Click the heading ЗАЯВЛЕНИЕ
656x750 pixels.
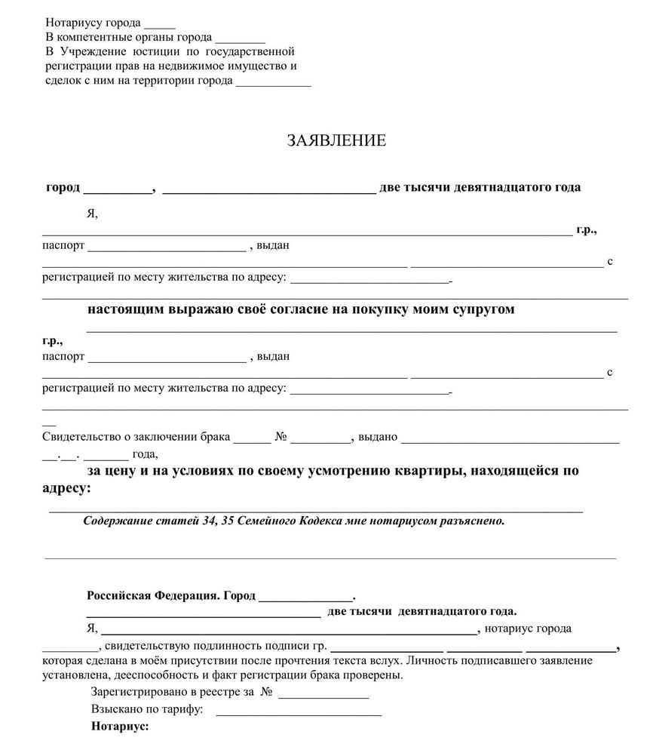(x=336, y=141)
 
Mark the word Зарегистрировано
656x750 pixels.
(x=138, y=692)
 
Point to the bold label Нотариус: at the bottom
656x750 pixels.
(x=120, y=727)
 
